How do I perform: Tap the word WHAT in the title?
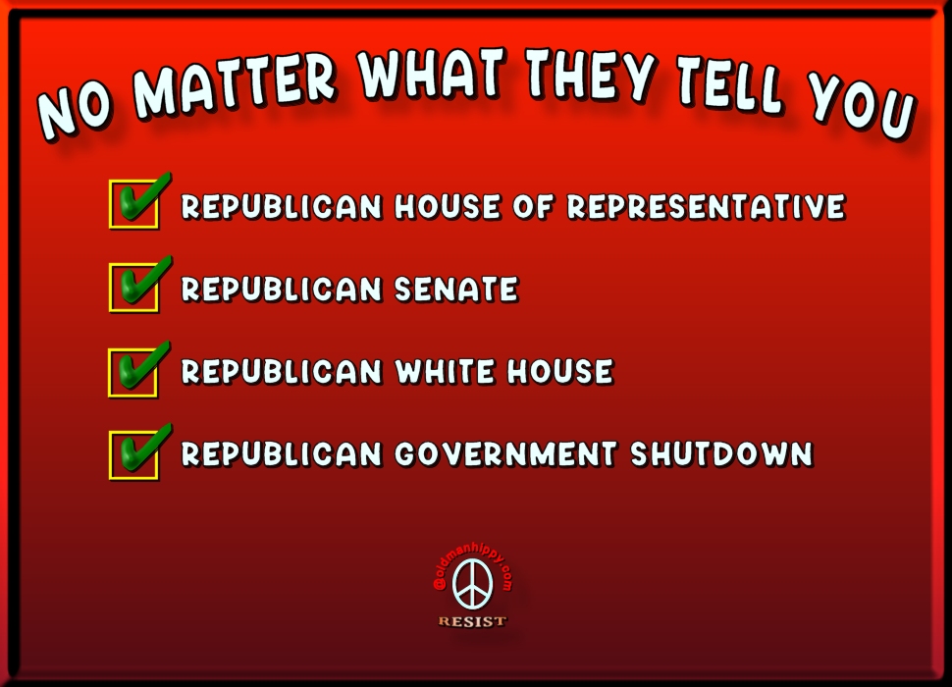coord(432,73)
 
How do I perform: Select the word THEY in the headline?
coord(591,76)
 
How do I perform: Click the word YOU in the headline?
coord(861,104)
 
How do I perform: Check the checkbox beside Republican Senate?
coord(134,288)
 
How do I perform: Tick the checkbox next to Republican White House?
coord(132,373)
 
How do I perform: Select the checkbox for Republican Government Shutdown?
coord(133,455)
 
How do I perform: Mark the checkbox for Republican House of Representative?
coord(134,204)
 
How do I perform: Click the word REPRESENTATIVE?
coord(706,206)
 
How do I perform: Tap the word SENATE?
coord(456,289)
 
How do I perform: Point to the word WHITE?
coord(446,371)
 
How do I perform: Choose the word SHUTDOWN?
coord(722,454)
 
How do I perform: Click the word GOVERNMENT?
coord(505,454)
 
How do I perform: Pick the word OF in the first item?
coord(534,206)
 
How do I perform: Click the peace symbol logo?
coord(473,584)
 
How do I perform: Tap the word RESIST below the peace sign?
coord(472,621)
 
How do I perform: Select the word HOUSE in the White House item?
coord(560,371)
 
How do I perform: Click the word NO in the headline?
coord(75,111)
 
